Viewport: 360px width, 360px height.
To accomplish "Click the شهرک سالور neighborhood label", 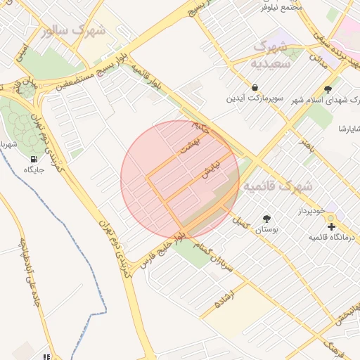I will (x=73, y=30).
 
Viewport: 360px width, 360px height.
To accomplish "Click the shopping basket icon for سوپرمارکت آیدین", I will (x=253, y=87).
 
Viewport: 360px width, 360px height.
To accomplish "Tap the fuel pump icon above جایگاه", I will (x=34, y=159).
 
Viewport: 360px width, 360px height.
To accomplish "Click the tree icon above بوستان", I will (x=266, y=219).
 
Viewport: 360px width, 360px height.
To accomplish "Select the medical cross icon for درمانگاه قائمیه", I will (x=332, y=226).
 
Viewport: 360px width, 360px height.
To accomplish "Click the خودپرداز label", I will (x=310, y=211).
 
